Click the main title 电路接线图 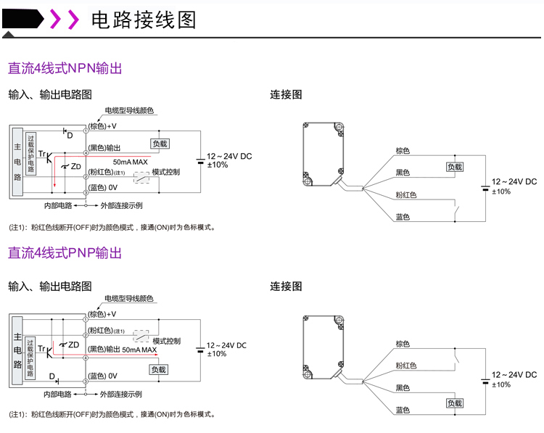pyautogui.click(x=144, y=20)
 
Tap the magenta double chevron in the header pyautogui.click(x=64, y=20)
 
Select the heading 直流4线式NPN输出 pyautogui.click(x=65, y=69)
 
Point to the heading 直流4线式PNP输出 pyautogui.click(x=65, y=253)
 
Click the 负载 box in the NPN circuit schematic pyautogui.click(x=160, y=144)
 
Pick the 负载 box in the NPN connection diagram pyautogui.click(x=455, y=166)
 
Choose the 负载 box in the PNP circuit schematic pyautogui.click(x=159, y=369)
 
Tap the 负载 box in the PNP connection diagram pyautogui.click(x=455, y=403)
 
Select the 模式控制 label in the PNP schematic pyautogui.click(x=166, y=340)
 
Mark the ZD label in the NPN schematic pyautogui.click(x=75, y=167)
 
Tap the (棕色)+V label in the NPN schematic pyautogui.click(x=103, y=125)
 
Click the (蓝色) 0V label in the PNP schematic pyautogui.click(x=103, y=376)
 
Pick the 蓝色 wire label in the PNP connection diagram pyautogui.click(x=403, y=410)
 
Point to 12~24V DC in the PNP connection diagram pyautogui.click(x=514, y=375)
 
